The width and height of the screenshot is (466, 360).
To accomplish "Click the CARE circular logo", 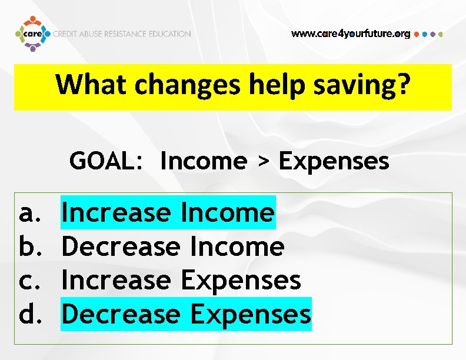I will (x=32, y=34).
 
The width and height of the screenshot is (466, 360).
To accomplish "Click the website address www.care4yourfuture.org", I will (x=351, y=34).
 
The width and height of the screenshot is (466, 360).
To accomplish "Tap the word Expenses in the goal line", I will (x=334, y=161).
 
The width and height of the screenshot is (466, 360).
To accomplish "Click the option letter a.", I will (x=27, y=213).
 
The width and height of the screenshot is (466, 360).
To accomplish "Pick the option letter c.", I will (x=27, y=281).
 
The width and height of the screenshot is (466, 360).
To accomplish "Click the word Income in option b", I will (x=237, y=246).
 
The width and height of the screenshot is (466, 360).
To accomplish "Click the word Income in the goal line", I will (x=203, y=161).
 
